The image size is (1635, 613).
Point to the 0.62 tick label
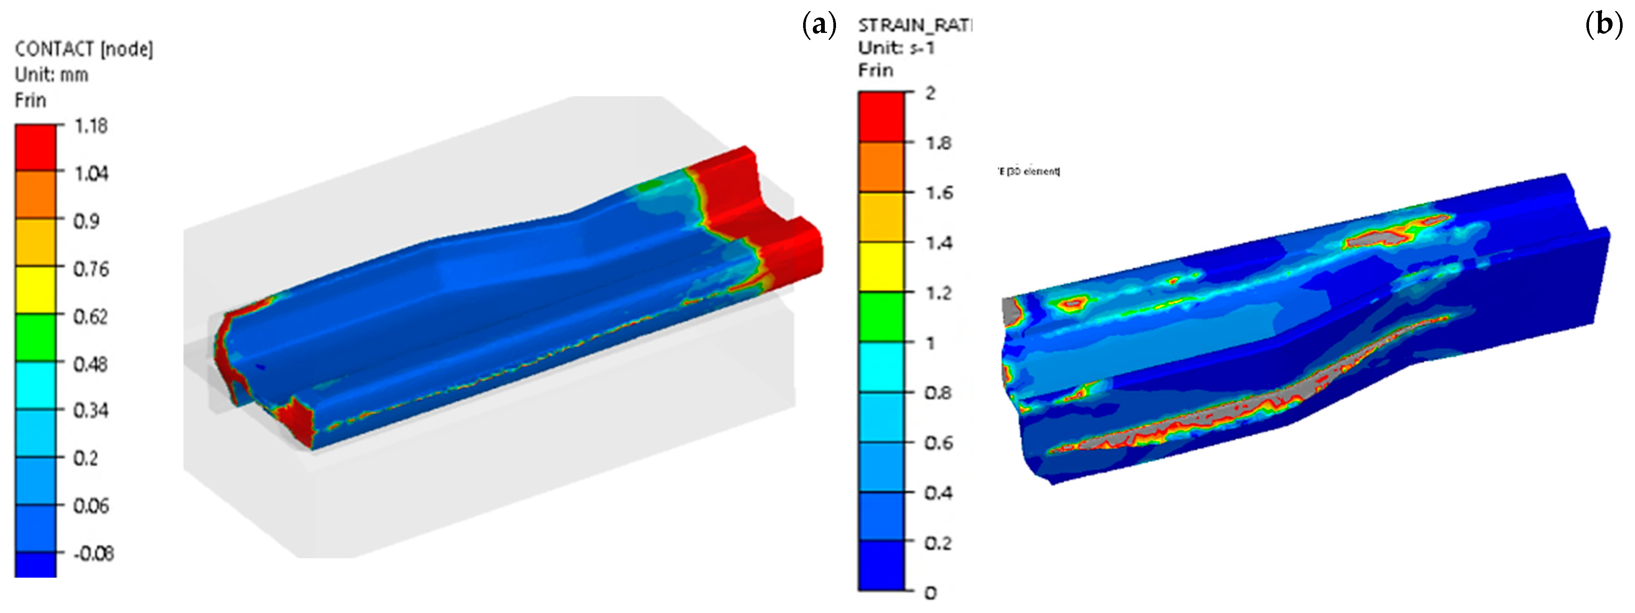pyautogui.click(x=90, y=316)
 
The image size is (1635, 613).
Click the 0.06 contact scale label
pyautogui.click(x=91, y=506)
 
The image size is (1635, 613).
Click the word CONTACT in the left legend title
pyautogui.click(x=54, y=49)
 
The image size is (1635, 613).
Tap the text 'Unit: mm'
pyautogui.click(x=52, y=75)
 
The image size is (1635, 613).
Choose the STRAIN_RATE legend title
pyautogui.click(x=915, y=25)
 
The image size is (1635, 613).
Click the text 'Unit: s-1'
pyautogui.click(x=896, y=47)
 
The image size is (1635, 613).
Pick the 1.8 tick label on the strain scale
pyautogui.click(x=938, y=143)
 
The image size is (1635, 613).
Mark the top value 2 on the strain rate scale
pyautogui.click(x=931, y=93)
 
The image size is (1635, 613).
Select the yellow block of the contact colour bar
pyautogui.click(x=36, y=289)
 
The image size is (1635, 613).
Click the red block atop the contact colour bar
pyautogui.click(x=36, y=147)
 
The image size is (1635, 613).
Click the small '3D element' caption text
pyautogui.click(x=1029, y=171)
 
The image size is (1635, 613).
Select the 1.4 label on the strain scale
pyautogui.click(x=938, y=243)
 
